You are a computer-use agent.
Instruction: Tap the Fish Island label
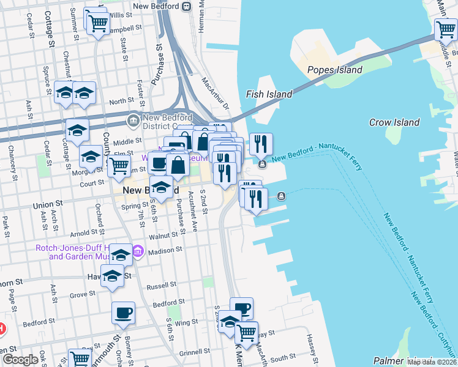pyautogui.click(x=269, y=94)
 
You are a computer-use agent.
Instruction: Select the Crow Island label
pyautogui.click(x=394, y=122)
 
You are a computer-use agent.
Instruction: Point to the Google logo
pyautogui.click(x=20, y=360)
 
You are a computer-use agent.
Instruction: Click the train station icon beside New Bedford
pyautogui.click(x=189, y=7)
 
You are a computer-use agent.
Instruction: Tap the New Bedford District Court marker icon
pyautogui.click(x=132, y=117)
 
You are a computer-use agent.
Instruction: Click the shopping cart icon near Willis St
pyautogui.click(x=98, y=23)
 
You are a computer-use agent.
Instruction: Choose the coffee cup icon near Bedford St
pyautogui.click(x=123, y=313)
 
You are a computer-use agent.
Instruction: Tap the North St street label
pyautogui.click(x=121, y=101)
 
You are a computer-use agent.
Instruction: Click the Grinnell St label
pyautogui.click(x=195, y=353)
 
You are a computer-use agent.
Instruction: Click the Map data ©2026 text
pyautogui.click(x=432, y=362)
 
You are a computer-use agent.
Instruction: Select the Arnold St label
pyautogui.click(x=85, y=233)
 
